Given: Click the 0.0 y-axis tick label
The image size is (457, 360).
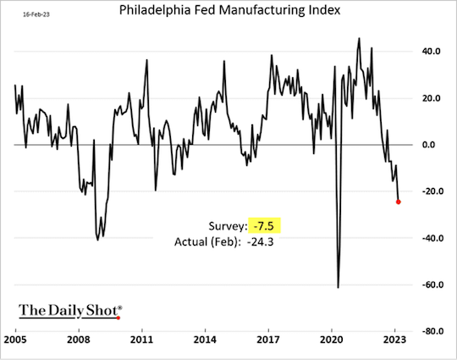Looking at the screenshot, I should (431, 145).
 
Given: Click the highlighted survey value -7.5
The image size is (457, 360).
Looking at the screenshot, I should (265, 226).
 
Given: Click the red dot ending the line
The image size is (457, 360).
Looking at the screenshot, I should (399, 202).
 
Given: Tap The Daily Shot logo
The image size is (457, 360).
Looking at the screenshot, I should (70, 311).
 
